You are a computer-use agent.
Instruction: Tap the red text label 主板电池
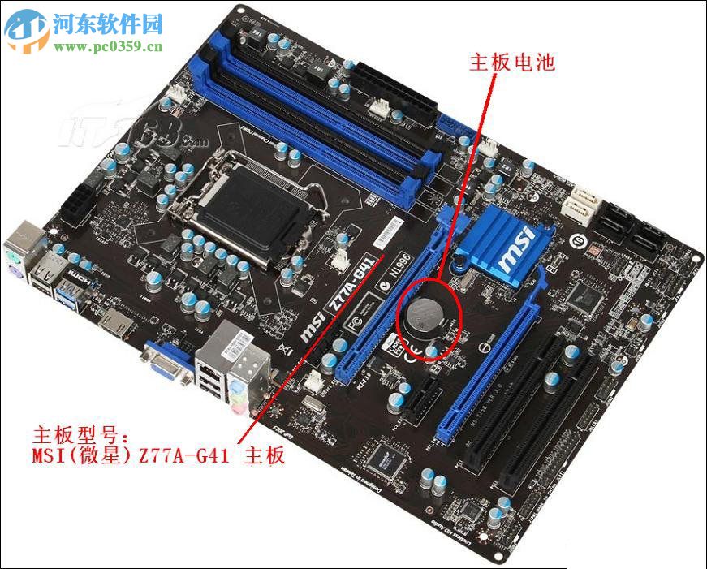(x=512, y=63)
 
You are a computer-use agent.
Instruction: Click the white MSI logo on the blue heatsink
(x=515, y=249)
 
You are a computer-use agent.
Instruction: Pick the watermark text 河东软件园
(x=106, y=22)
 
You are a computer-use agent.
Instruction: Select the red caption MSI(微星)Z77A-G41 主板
(x=158, y=456)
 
